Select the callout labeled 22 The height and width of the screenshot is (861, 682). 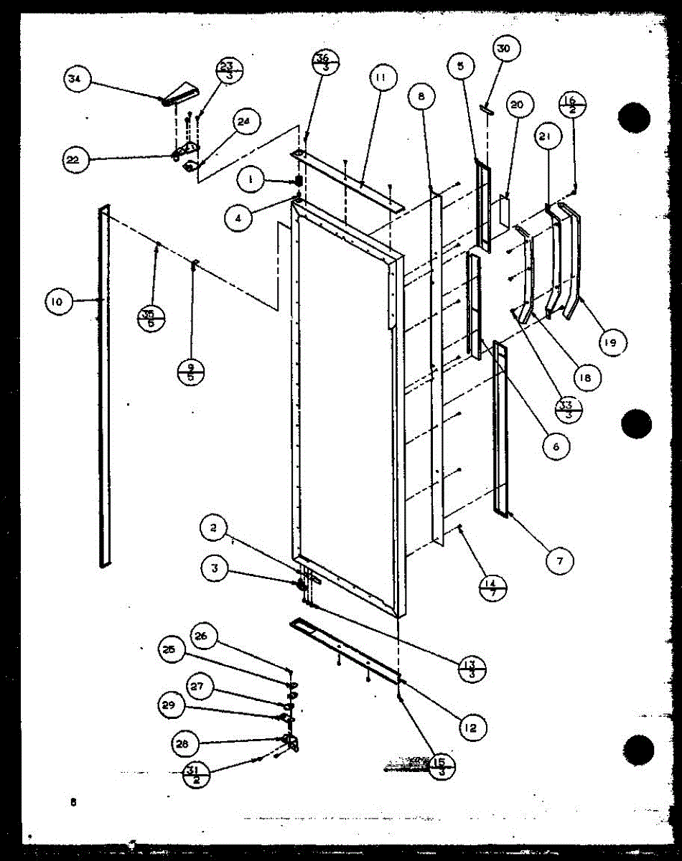pos(74,159)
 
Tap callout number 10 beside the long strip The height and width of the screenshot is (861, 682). pos(57,302)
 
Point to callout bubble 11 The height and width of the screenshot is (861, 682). pos(380,79)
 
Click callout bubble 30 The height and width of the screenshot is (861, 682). pos(503,49)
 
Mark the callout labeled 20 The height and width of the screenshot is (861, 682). pos(516,106)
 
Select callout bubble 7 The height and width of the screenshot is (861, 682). pos(559,562)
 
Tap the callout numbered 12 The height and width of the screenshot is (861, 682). pos(470,728)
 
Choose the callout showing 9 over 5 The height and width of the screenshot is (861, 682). pos(191,371)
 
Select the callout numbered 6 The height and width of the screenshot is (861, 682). pos(556,446)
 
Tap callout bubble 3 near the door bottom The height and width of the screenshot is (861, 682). pos(215,570)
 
